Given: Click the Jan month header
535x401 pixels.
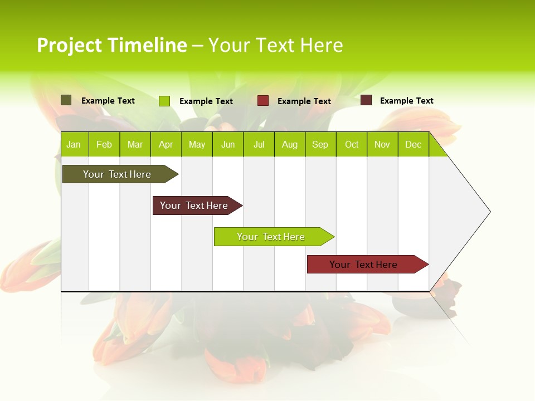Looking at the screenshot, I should click(74, 144).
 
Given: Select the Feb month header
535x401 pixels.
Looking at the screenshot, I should click(104, 144).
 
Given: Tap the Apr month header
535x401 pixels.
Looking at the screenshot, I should click(166, 144).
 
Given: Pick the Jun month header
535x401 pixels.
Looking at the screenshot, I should click(228, 144).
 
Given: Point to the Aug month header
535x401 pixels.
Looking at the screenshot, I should click(289, 144).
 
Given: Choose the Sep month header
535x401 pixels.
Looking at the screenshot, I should click(320, 144).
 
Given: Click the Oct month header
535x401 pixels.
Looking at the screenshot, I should click(352, 144).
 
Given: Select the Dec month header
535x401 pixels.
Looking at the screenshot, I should click(413, 144).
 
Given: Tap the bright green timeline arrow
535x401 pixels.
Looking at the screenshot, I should click(271, 237).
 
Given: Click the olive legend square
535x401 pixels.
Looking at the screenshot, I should click(66, 100).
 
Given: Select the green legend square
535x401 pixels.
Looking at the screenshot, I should click(164, 101).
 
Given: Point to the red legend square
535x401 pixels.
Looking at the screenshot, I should click(263, 101).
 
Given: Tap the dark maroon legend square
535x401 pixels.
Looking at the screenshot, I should click(366, 100).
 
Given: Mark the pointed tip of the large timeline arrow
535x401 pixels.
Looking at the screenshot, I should click(489, 212).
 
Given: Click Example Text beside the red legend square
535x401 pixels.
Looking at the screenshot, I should click(304, 101).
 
